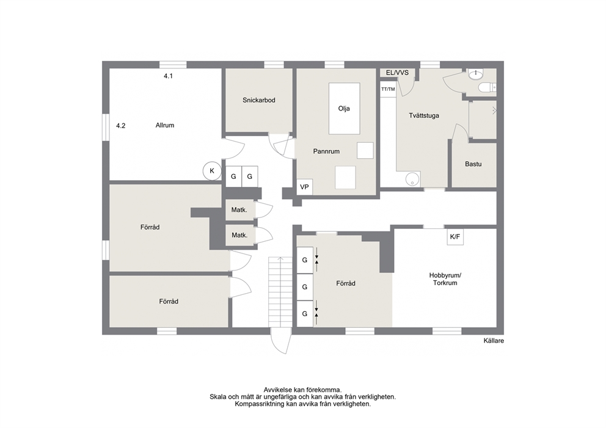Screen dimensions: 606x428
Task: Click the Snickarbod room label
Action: coord(259,100)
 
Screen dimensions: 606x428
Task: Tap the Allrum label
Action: coord(165,125)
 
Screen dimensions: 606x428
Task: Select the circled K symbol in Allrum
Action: coord(212,171)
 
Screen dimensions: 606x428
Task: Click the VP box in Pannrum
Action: coord(305,187)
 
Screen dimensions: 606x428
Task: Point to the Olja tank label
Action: coord(344,109)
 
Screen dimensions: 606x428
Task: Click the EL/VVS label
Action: coord(397,73)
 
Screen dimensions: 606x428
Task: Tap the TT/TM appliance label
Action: coord(388,89)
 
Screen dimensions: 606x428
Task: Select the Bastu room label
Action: coord(473,164)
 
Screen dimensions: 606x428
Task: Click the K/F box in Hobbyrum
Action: coord(455,237)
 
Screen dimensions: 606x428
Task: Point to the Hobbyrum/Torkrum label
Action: coord(445,279)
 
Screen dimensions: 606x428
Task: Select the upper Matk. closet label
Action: coord(239,210)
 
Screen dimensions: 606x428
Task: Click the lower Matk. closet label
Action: coord(239,235)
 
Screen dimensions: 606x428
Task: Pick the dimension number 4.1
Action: coord(168,76)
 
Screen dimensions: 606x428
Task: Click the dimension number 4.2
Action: coord(120,126)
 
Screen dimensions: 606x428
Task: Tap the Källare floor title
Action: coord(494,341)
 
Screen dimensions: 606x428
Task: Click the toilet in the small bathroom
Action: coord(487,88)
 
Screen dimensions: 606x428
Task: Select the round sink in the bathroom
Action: coord(475,74)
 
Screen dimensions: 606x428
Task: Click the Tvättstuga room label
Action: coord(424,115)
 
